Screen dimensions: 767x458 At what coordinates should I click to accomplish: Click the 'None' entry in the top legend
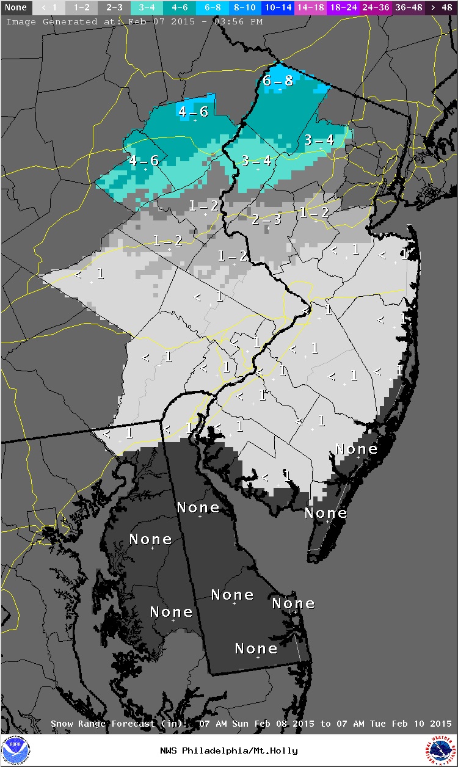15,8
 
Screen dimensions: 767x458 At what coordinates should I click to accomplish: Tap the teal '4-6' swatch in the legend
180,8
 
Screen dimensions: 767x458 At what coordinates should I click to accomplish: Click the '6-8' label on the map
278,81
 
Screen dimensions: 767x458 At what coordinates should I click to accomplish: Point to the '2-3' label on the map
266,219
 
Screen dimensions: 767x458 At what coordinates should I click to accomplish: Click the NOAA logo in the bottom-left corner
15,750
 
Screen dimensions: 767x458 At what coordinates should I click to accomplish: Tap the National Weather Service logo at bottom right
442,750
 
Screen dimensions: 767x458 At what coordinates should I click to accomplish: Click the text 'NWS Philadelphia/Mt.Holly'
229,751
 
